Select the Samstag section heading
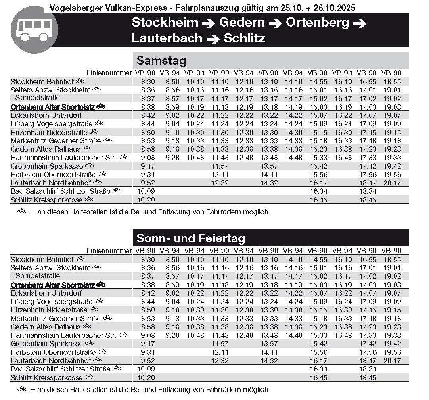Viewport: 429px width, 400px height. [x=161, y=61]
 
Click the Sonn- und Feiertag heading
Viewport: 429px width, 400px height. [x=190, y=238]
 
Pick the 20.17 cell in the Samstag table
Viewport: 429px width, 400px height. [x=391, y=183]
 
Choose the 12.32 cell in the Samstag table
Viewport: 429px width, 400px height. [x=219, y=183]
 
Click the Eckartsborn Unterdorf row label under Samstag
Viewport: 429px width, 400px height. [x=46, y=115]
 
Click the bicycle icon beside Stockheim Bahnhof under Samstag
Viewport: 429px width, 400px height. [x=80, y=81]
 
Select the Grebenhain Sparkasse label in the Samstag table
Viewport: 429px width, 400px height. [x=47, y=166]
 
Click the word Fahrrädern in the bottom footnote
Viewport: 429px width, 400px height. [x=223, y=390]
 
